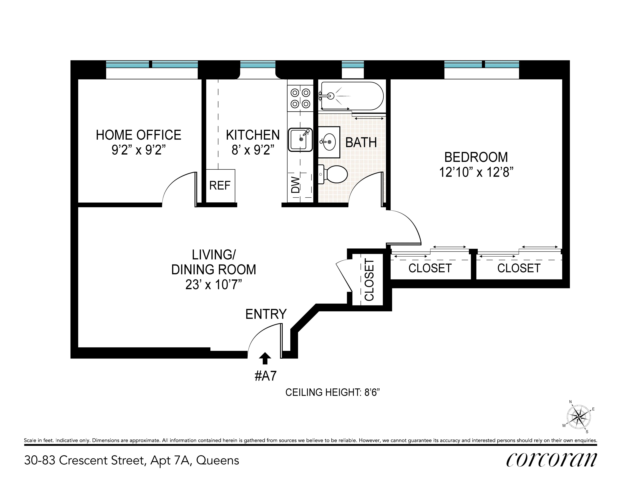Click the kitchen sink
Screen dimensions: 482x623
point(300,140)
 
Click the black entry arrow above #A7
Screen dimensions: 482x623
point(265,358)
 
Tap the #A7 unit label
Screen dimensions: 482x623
point(265,376)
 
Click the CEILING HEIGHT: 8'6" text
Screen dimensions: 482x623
point(332,392)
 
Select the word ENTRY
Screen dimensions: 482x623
point(266,314)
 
